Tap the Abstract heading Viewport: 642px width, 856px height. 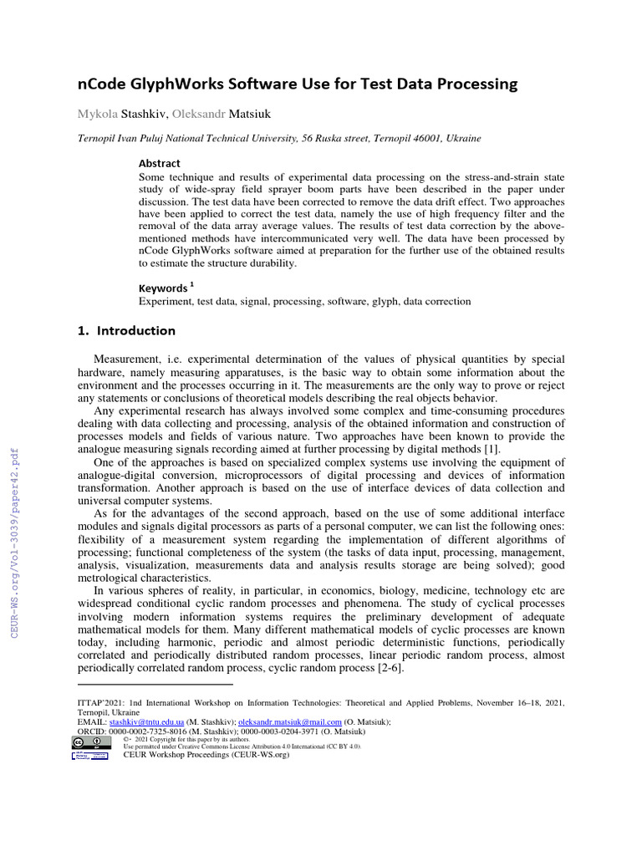159,163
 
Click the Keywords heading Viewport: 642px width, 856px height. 162,288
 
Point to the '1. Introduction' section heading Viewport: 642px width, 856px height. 125,330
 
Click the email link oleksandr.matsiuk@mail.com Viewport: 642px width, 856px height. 290,721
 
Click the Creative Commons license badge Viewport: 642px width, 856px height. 89,741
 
